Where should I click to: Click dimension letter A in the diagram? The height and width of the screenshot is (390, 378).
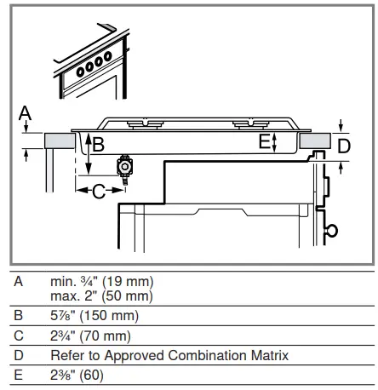click(25, 112)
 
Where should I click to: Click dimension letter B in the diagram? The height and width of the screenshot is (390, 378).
click(99, 144)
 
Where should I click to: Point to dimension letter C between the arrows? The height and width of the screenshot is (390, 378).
click(99, 191)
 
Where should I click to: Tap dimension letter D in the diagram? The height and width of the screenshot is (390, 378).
click(344, 146)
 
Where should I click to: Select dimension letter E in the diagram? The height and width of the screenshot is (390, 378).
click(264, 141)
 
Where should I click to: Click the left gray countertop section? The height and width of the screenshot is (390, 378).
click(60, 141)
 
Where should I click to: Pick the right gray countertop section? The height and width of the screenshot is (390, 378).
click(315, 141)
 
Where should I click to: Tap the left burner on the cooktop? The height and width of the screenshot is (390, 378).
click(146, 123)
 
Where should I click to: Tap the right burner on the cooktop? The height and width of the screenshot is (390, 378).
click(250, 123)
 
